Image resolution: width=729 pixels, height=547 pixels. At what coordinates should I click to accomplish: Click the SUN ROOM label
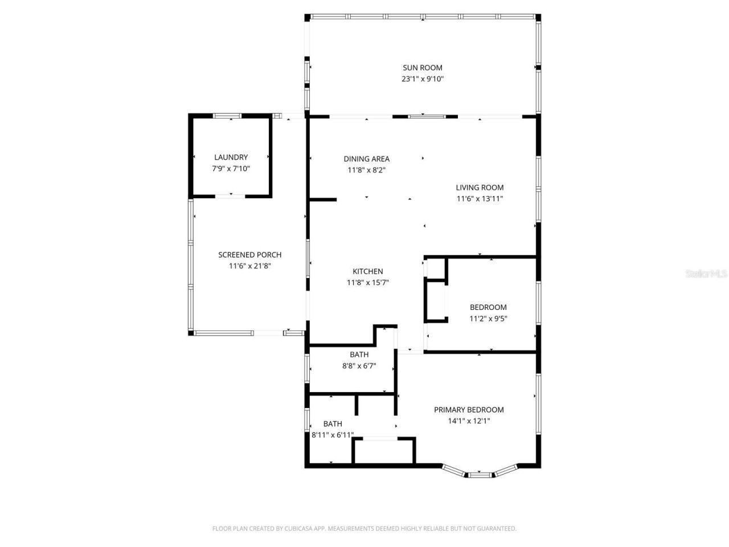(x=422, y=68)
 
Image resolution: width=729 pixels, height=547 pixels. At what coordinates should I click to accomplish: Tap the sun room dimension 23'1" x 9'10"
(x=422, y=79)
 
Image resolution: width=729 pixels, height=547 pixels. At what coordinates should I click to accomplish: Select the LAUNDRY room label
(x=231, y=157)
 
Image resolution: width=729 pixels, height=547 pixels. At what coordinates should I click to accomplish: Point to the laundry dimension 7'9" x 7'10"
(x=231, y=169)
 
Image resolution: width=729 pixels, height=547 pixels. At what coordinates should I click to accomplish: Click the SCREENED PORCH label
(x=249, y=255)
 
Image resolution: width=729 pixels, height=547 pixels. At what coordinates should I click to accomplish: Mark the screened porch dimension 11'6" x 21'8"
(x=249, y=266)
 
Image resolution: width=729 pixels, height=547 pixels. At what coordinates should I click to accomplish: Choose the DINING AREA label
(x=366, y=159)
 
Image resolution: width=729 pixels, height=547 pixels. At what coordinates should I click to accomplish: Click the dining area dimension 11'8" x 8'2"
(x=366, y=170)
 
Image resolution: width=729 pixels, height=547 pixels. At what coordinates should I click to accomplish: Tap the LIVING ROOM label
(x=480, y=187)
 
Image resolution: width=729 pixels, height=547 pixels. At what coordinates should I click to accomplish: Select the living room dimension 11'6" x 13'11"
(x=480, y=199)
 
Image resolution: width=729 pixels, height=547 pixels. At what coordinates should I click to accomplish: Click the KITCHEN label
(x=367, y=271)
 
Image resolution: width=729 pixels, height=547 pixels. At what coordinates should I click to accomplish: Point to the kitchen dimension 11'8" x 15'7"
(x=367, y=283)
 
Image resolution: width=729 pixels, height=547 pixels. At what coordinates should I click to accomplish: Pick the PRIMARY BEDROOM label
(x=469, y=410)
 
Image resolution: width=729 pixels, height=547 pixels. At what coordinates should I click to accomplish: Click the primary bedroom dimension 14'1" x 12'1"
(x=469, y=421)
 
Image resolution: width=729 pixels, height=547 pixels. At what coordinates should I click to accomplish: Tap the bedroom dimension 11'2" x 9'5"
(x=488, y=319)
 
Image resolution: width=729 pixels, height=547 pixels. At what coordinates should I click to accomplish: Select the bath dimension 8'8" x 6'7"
(x=359, y=366)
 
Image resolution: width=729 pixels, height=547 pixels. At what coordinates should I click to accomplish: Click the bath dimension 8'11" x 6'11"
(x=333, y=435)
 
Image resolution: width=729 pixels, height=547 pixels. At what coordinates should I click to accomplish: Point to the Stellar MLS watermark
(x=706, y=274)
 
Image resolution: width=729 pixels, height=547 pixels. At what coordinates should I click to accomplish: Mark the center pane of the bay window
(x=479, y=473)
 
